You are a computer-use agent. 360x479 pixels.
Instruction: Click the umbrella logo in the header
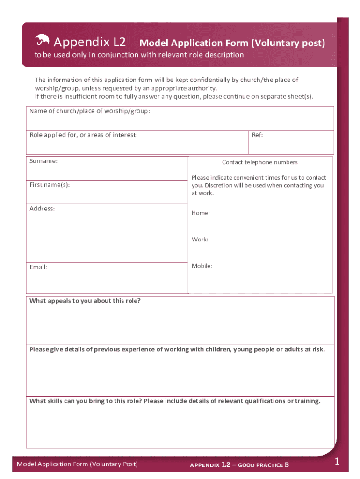42,41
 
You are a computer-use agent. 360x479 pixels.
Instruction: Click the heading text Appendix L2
90,43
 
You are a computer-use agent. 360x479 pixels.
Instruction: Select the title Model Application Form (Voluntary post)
232,43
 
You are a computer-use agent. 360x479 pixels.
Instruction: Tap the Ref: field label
257,135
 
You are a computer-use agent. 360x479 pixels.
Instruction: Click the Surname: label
43,161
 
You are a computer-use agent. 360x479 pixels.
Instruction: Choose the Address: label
42,209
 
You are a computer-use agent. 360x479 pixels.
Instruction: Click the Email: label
38,267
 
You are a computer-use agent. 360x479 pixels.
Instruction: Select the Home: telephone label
201,213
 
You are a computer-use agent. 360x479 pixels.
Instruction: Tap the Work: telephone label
200,239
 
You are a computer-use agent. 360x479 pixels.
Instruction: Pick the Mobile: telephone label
202,266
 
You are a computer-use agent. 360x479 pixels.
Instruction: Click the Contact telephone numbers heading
259,162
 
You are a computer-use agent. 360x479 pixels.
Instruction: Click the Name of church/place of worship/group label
90,111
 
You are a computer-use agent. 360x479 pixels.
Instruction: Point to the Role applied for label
84,135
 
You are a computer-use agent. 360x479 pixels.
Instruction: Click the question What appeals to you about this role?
85,301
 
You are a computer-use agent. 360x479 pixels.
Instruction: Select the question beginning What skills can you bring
175,401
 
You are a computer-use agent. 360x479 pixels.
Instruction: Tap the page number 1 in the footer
336,463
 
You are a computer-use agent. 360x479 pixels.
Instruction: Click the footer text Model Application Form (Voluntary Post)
77,464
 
